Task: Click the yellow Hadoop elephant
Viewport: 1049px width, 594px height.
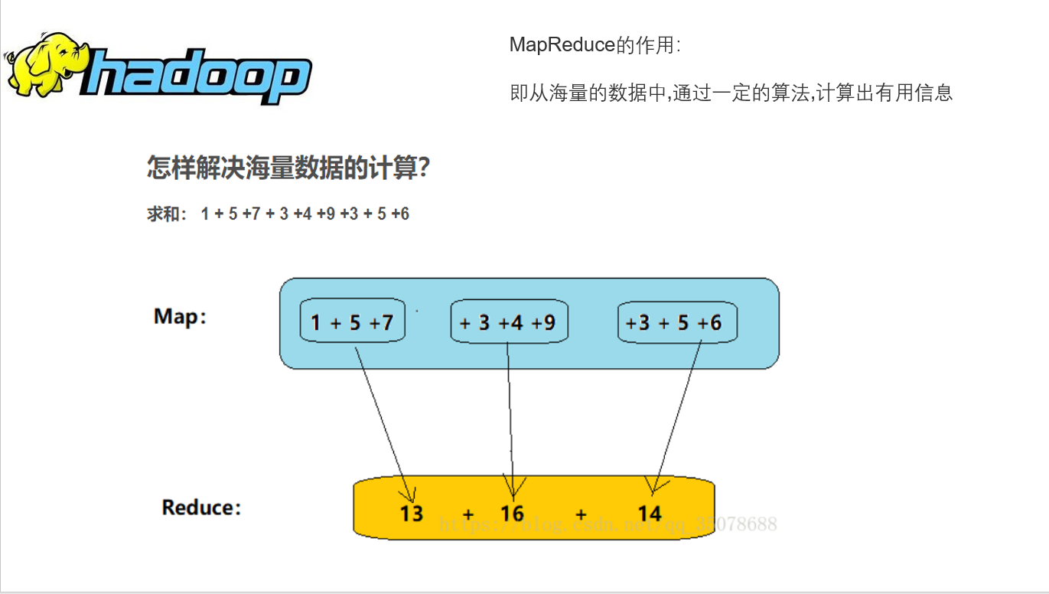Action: (46, 65)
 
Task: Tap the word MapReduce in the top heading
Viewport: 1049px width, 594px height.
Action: (562, 44)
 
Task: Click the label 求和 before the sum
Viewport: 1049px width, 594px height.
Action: (162, 214)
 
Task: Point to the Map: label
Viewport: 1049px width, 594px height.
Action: (180, 317)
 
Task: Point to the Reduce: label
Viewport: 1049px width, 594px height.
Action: (201, 508)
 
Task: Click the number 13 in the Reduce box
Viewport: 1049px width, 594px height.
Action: (411, 512)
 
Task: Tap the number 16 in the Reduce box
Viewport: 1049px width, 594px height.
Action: (512, 512)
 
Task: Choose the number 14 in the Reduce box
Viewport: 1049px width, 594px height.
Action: (649, 512)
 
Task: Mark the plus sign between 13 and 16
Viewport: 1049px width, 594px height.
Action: (468, 514)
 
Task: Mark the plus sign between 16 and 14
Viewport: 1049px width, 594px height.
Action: (582, 514)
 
